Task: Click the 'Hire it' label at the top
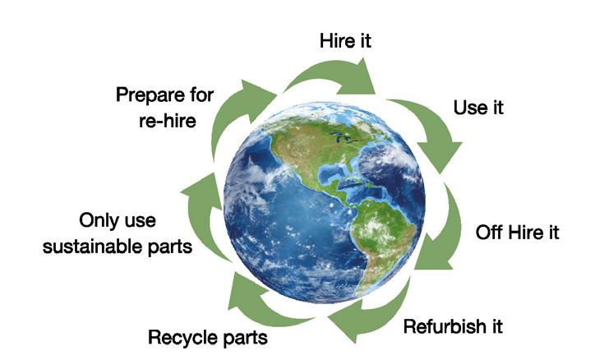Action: (345, 40)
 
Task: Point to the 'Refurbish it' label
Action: (453, 325)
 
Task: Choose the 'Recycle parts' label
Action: (207, 335)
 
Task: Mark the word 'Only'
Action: (98, 221)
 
